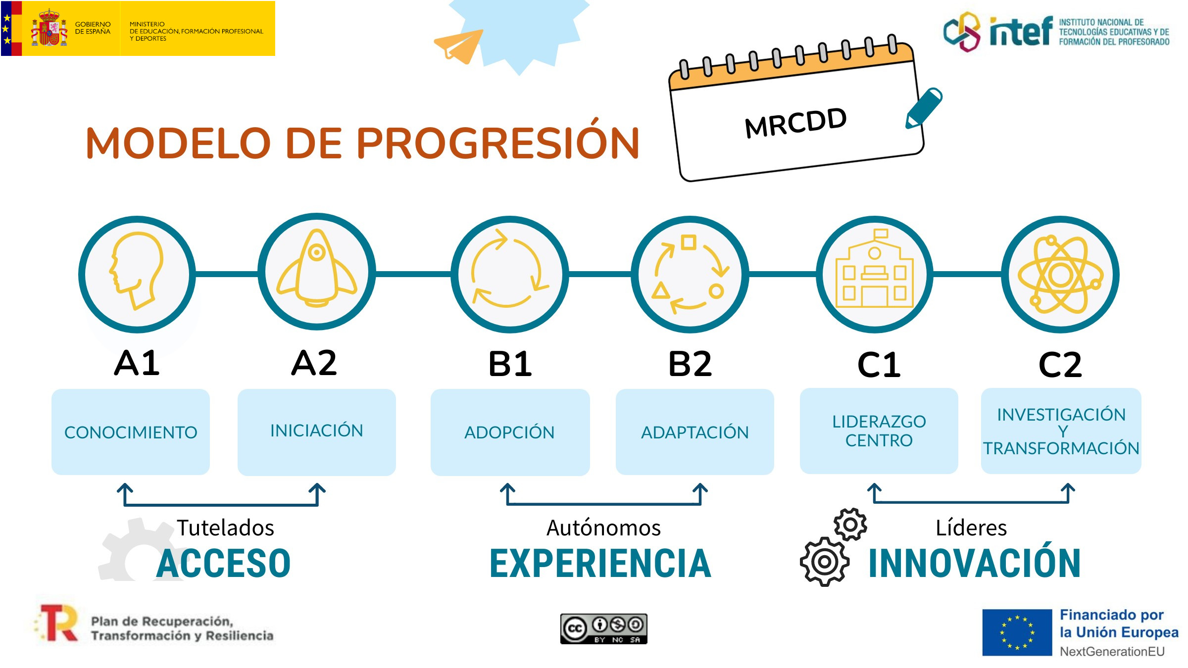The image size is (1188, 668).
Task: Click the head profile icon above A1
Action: (x=136, y=271)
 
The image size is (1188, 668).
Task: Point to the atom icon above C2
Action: (x=1060, y=275)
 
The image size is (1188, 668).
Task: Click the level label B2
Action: (x=690, y=364)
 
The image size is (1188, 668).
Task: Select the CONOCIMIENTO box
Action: (x=131, y=432)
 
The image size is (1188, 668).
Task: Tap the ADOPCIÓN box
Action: (x=510, y=432)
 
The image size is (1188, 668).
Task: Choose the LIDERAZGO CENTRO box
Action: (x=879, y=431)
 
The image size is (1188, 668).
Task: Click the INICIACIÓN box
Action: (x=317, y=432)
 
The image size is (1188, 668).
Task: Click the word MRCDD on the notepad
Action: (x=796, y=123)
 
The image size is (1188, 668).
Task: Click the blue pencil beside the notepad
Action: (x=924, y=108)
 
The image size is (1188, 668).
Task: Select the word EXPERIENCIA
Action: (x=600, y=563)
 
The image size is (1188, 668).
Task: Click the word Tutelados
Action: (x=225, y=527)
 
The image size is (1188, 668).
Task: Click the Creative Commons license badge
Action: (x=603, y=629)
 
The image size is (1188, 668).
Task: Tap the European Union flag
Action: (x=1017, y=632)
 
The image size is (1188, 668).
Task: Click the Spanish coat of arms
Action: (x=49, y=28)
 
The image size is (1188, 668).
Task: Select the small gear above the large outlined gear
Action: (x=850, y=525)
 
